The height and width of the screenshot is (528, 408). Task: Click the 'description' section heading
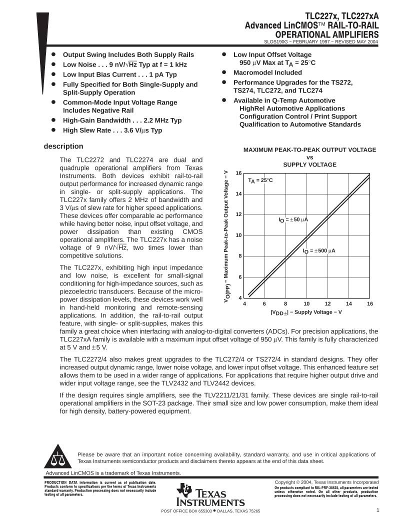[63, 146]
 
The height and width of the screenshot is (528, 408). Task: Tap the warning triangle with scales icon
[57, 457]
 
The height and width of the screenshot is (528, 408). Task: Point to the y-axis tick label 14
[239, 193]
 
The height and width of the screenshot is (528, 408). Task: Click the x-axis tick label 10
[306, 303]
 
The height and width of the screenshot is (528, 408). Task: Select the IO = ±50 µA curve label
[293, 219]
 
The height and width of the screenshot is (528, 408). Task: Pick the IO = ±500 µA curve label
[318, 250]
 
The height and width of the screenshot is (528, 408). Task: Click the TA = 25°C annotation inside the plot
[260, 180]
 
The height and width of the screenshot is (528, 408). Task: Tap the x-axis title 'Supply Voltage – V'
[306, 312]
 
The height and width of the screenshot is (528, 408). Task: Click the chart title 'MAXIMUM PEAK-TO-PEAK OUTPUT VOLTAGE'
[309, 149]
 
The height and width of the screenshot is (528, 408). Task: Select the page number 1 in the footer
[378, 510]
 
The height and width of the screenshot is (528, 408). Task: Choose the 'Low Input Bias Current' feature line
[119, 74]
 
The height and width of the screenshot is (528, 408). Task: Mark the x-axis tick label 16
[370, 303]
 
